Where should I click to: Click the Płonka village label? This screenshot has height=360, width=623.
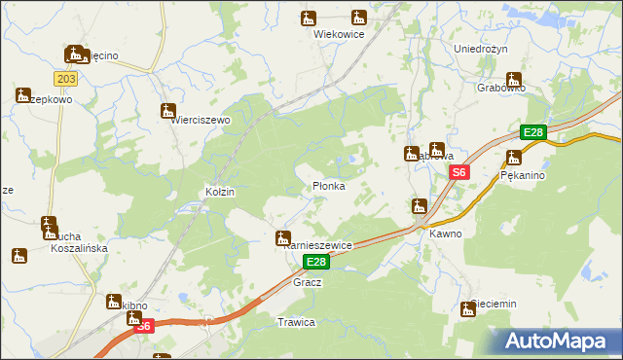pos(328,186)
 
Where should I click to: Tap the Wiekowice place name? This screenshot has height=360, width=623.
pos(338,33)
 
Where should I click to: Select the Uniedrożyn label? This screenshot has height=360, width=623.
pos(482,48)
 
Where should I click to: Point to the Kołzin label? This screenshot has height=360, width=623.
pos(219,193)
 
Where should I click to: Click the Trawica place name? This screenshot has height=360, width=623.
pos(296,322)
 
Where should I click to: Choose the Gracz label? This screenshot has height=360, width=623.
pos(307,282)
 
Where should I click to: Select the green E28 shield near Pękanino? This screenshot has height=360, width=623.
pos(532,133)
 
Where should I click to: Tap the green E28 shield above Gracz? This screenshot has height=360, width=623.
pos(315,263)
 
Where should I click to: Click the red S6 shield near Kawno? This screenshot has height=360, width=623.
pos(460,172)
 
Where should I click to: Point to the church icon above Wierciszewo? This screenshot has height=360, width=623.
pos(168,110)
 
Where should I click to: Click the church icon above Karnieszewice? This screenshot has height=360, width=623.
pos(283,237)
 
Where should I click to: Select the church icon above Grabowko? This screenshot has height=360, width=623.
pos(514,80)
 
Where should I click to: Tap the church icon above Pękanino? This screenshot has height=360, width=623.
pos(514,158)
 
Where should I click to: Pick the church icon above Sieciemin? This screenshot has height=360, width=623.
pos(467,309)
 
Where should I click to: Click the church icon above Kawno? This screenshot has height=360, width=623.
pos(420,205)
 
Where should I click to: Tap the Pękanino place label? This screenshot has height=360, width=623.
pos(522,176)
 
